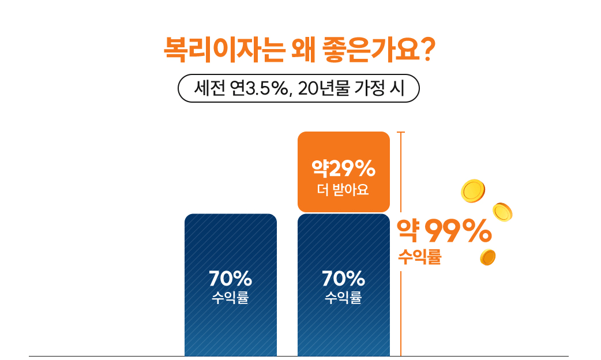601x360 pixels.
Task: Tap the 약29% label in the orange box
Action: (x=344, y=169)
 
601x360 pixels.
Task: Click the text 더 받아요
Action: (x=344, y=189)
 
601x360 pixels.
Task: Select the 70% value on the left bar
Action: (x=230, y=279)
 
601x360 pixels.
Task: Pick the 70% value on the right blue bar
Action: (x=344, y=279)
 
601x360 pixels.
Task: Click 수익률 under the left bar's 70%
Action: (x=230, y=298)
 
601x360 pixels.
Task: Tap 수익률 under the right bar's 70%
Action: (x=344, y=298)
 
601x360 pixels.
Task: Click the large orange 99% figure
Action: (x=458, y=232)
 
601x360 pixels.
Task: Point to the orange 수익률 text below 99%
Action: (x=419, y=257)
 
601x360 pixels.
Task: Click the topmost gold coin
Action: (x=473, y=191)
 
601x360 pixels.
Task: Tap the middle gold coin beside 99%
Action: (x=502, y=212)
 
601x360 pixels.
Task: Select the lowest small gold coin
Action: (x=488, y=257)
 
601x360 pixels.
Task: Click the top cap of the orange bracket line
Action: (x=401, y=133)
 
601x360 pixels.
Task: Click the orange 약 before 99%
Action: (x=408, y=232)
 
